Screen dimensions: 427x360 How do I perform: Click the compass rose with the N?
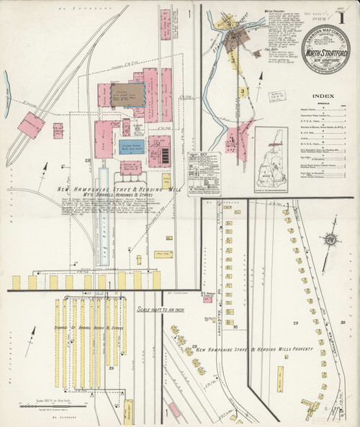[330, 240]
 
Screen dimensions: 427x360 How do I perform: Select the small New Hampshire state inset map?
[271, 151]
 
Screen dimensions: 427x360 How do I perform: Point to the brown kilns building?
[127, 94]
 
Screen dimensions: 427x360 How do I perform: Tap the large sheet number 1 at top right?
[348, 12]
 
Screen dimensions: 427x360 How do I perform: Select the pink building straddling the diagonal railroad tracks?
[31, 126]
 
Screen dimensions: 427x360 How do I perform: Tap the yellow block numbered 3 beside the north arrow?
[244, 93]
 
